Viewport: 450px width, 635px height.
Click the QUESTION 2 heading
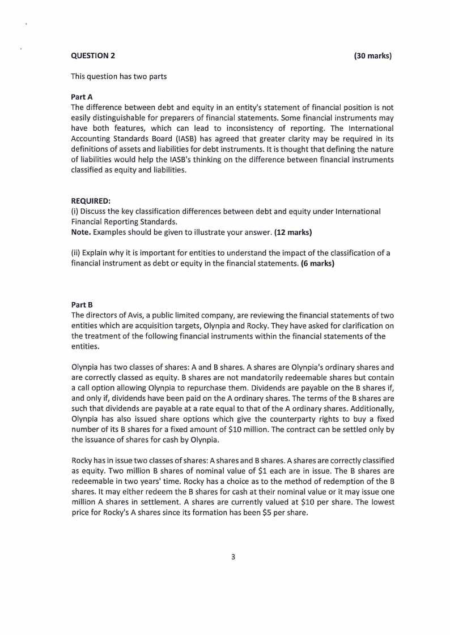93,55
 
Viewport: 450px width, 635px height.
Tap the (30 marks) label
373,55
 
